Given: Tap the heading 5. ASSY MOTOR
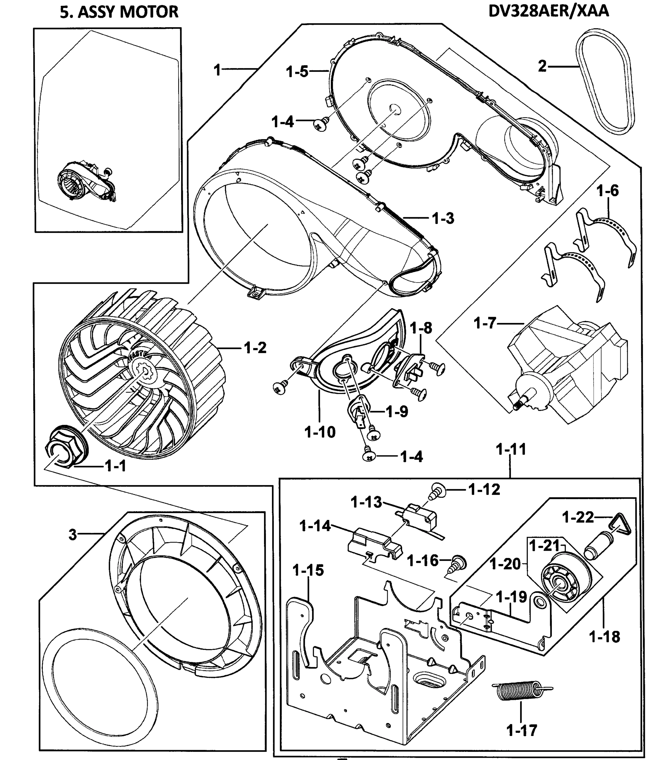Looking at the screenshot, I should point(119,12).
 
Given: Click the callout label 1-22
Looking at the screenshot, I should point(578,517).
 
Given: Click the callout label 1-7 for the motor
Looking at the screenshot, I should point(485,324).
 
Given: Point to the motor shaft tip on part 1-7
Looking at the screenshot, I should point(515,407).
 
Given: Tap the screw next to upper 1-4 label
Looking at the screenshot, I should point(320,124).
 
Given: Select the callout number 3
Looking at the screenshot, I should point(72,534).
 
